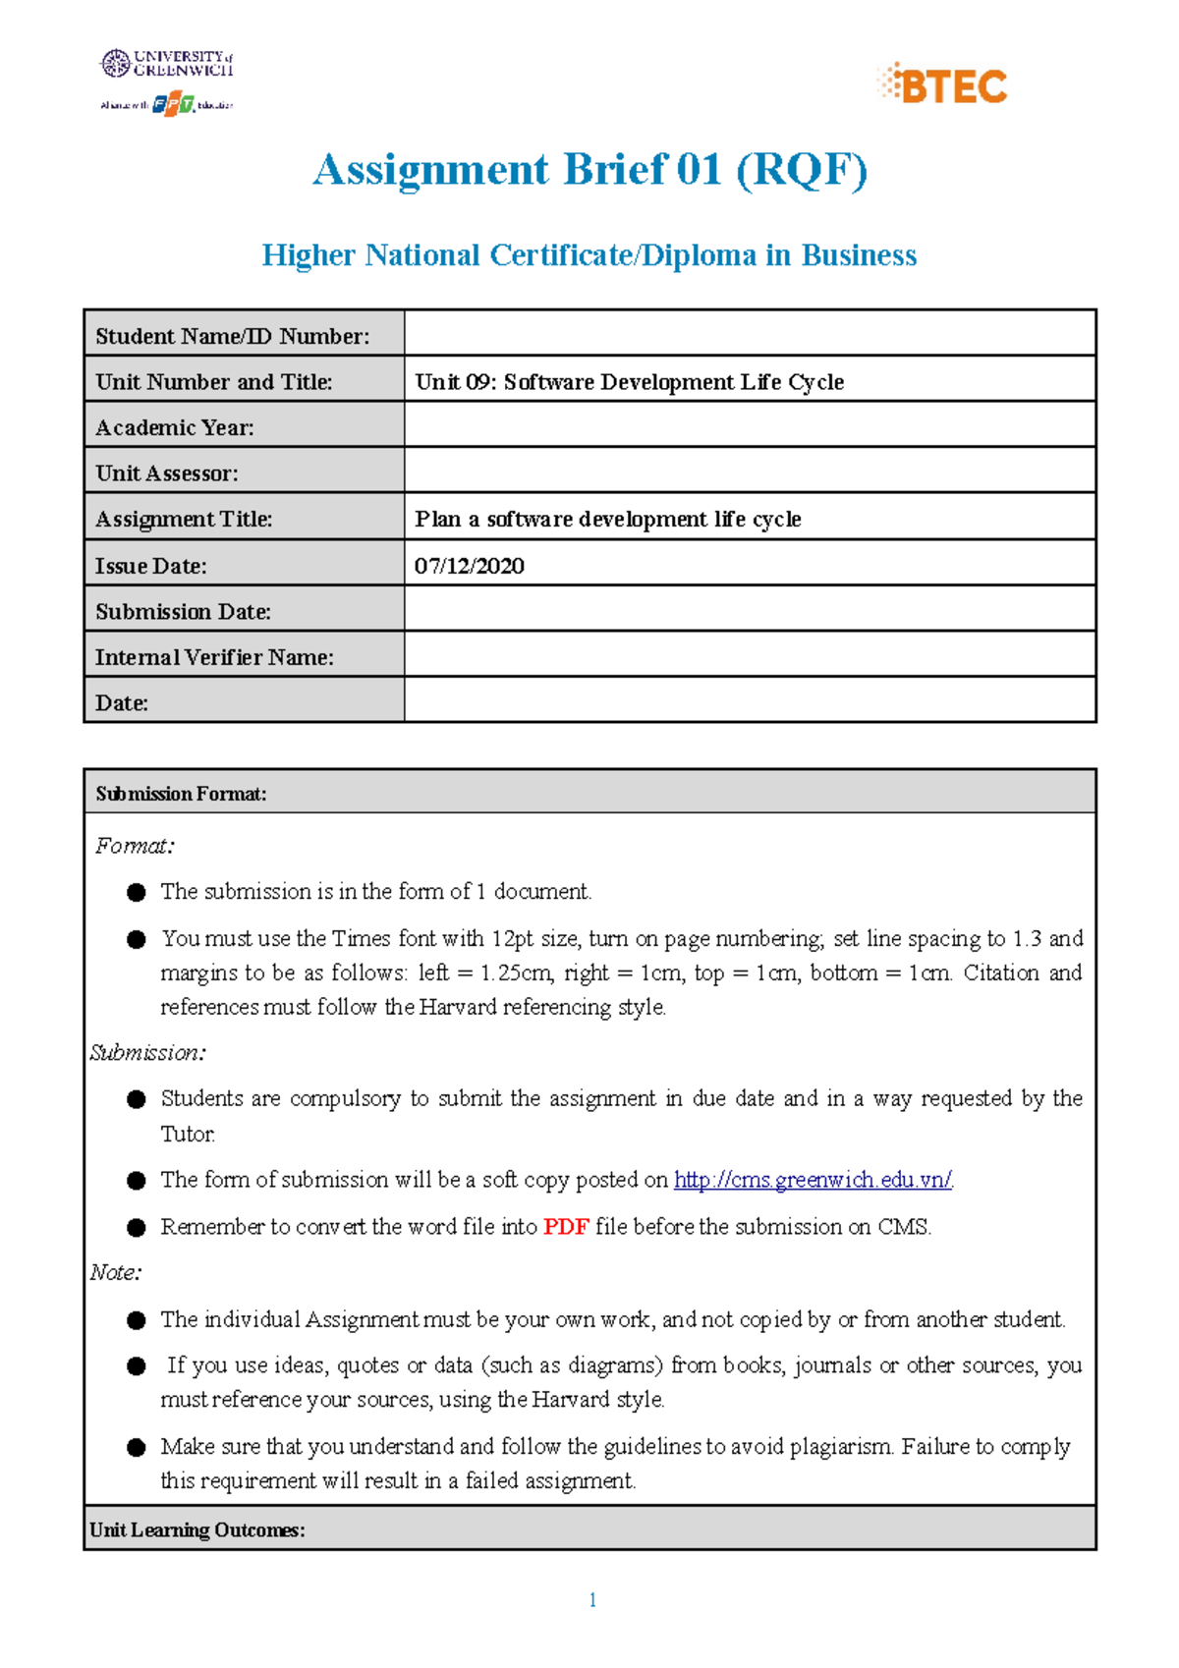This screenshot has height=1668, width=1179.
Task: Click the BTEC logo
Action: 942,84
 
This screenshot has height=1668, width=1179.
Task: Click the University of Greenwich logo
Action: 167,64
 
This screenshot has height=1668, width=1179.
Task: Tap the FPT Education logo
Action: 173,103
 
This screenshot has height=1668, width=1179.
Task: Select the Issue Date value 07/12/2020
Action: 470,566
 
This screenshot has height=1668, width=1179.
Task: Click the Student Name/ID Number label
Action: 233,336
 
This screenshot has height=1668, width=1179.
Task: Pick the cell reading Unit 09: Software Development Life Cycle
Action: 629,382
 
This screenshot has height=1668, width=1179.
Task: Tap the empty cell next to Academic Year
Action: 749,427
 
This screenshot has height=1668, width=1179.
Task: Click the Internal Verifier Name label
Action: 214,657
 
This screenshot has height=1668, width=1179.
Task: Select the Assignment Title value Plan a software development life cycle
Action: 608,519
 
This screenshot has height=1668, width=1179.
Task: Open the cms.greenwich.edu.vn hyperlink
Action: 813,1180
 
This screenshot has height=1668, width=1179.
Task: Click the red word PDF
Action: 566,1227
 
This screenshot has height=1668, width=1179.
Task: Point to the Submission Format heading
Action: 181,794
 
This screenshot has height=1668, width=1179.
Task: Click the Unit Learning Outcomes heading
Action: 197,1529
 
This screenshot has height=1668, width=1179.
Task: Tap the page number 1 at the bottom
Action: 592,1600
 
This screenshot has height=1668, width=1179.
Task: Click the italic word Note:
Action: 116,1273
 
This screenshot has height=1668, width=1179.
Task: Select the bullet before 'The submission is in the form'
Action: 137,892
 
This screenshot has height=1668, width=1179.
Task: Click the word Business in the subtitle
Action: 859,255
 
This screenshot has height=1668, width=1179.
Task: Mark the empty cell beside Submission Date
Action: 749,611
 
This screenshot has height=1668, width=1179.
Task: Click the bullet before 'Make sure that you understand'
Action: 137,1447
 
